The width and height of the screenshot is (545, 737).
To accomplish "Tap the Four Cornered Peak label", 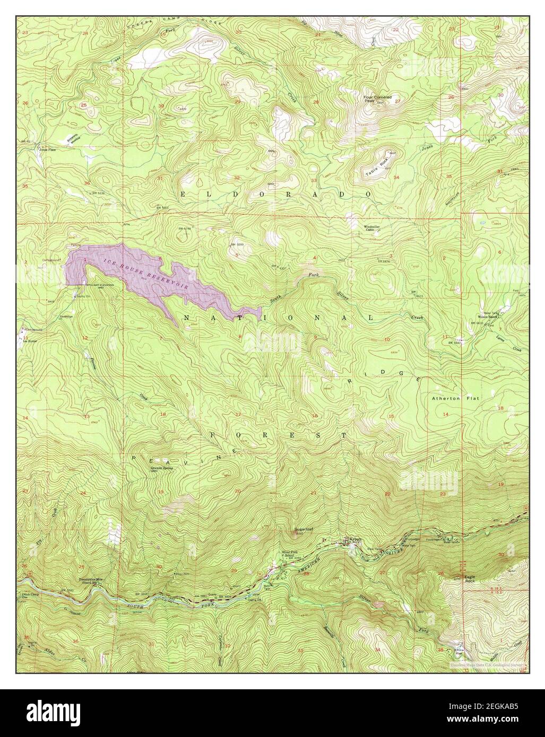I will tap(377, 99).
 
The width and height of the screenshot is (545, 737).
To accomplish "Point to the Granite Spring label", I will tap(148, 469).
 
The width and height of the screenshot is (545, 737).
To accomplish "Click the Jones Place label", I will tap(47, 150).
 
